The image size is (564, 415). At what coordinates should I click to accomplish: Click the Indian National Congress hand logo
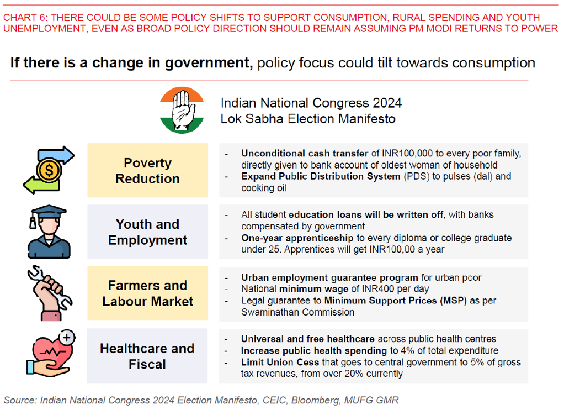(x=182, y=111)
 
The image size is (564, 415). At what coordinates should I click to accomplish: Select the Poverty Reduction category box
(x=147, y=171)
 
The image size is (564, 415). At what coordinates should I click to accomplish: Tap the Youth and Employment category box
(x=147, y=232)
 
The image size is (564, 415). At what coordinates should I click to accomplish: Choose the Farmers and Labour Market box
(x=147, y=293)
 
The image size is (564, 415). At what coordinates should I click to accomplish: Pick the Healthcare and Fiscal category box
(x=147, y=356)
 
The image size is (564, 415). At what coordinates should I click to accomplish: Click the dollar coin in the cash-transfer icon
(x=49, y=170)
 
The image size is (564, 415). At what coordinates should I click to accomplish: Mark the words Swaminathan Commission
(x=298, y=312)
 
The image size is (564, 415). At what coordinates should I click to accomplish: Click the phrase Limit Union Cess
(x=280, y=362)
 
